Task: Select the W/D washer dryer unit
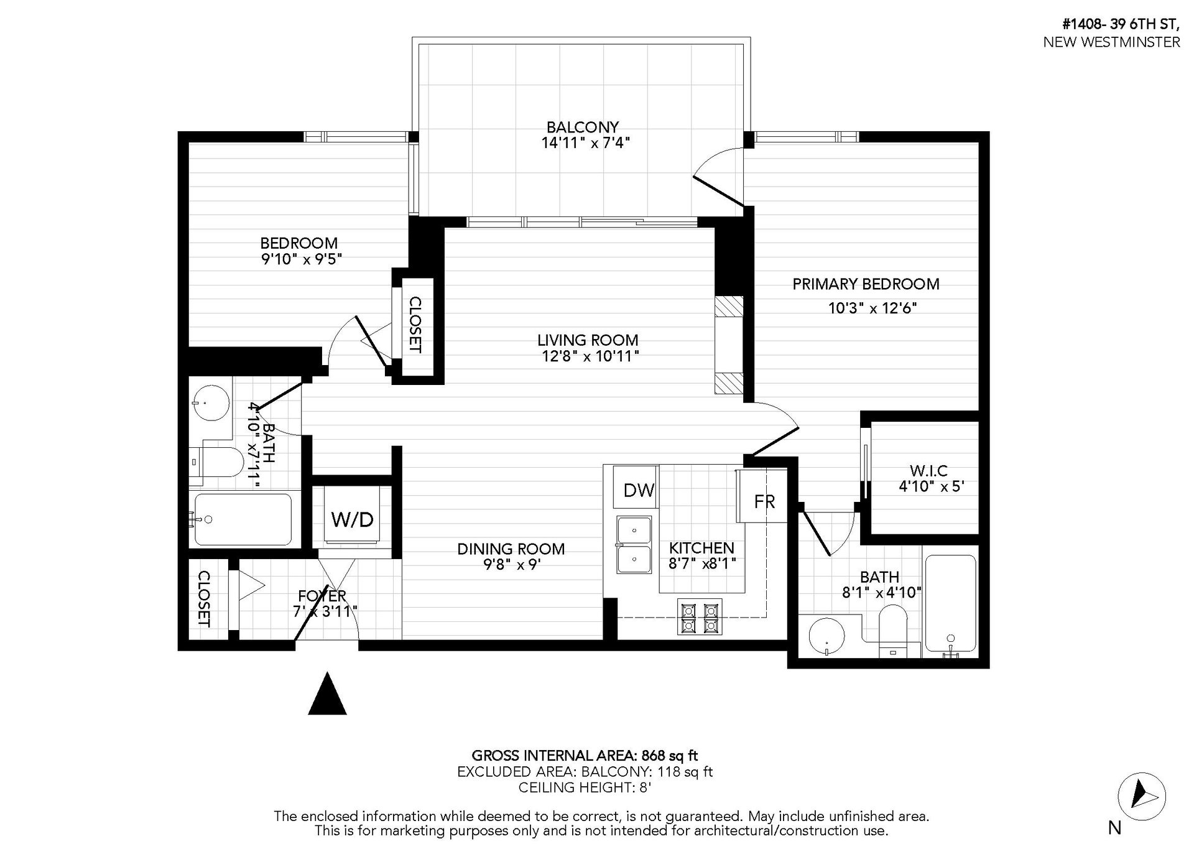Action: pyautogui.click(x=352, y=519)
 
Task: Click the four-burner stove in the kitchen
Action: pyautogui.click(x=700, y=617)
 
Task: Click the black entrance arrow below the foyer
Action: pyautogui.click(x=327, y=693)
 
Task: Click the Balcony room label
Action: pyautogui.click(x=583, y=128)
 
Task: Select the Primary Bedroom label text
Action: pyautogui.click(x=866, y=284)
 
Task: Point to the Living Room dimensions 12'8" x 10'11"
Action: pyautogui.click(x=588, y=356)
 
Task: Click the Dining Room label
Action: pyautogui.click(x=511, y=549)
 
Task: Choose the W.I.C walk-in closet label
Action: pyautogui.click(x=928, y=470)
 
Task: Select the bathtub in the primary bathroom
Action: pyautogui.click(x=950, y=603)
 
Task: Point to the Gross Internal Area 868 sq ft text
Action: pyautogui.click(x=585, y=756)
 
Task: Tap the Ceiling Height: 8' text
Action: pyautogui.click(x=585, y=787)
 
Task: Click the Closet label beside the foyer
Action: pyautogui.click(x=203, y=600)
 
